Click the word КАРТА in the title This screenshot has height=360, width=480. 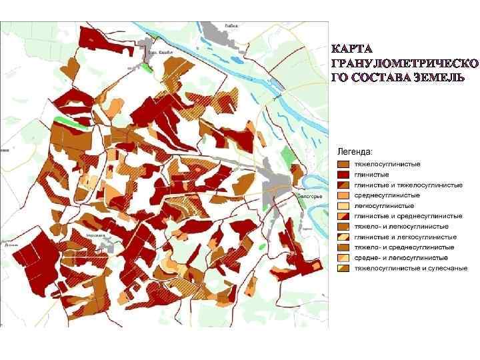[x=353, y=49]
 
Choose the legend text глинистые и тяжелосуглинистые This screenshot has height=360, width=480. [x=408, y=185]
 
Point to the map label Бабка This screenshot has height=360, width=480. [x=231, y=26]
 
